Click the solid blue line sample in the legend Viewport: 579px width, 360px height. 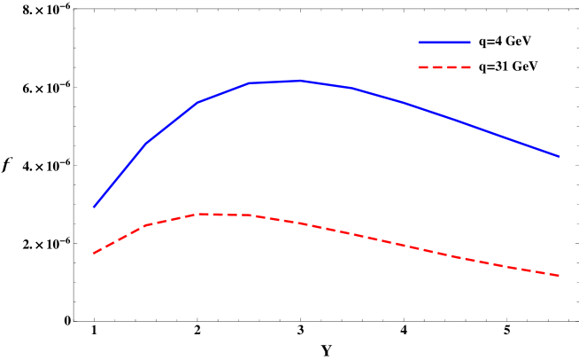(x=444, y=42)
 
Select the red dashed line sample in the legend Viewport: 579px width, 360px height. (x=444, y=67)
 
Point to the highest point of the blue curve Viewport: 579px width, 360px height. (x=301, y=81)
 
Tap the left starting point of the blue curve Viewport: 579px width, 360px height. (x=93, y=207)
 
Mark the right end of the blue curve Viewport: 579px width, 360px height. (x=560, y=156)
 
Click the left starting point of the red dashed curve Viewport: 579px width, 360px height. (x=93, y=254)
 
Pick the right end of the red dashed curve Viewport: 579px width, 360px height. (x=560, y=276)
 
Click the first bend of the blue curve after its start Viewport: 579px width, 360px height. (x=145, y=144)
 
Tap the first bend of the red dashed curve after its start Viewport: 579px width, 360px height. (x=145, y=225)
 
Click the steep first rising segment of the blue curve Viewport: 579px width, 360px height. (x=119, y=176)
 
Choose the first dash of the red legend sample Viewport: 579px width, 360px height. (x=423, y=67)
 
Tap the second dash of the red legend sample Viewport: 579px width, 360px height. (x=437, y=67)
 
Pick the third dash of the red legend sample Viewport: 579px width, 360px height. (x=452, y=67)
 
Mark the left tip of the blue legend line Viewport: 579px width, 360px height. (x=419, y=42)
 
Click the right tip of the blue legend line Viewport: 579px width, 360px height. (x=470, y=42)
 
